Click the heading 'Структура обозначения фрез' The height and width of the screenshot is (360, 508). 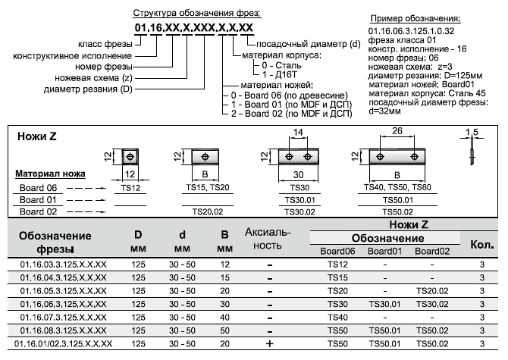coord(197,14)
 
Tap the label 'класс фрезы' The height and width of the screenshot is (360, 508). coord(105,44)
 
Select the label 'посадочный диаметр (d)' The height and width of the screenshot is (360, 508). coord(309,44)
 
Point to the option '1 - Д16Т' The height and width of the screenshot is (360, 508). coord(279,74)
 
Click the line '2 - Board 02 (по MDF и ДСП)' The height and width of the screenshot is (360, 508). coord(292,114)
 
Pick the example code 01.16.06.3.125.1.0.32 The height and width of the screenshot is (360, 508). coord(411,31)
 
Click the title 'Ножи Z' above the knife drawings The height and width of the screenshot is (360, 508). coord(37,136)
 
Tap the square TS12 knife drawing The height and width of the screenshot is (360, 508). coord(130,157)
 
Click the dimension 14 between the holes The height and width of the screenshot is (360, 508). coord(298,132)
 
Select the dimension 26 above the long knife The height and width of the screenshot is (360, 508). coord(397,131)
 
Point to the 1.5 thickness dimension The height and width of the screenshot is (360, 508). coord(472,132)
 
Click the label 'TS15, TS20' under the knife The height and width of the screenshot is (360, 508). coord(207,187)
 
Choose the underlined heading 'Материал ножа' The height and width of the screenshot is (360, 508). coord(50,174)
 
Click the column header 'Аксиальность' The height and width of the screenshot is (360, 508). coord(268,239)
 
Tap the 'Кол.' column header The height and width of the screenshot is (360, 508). coord(482,245)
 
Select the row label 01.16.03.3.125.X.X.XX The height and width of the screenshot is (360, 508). coord(63,265)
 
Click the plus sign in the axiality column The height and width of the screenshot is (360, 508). coord(270,343)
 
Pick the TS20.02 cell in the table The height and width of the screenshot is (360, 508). coord(432,291)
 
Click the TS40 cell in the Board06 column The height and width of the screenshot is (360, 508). coord(337,318)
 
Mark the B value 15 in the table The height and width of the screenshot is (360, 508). coord(225,278)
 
